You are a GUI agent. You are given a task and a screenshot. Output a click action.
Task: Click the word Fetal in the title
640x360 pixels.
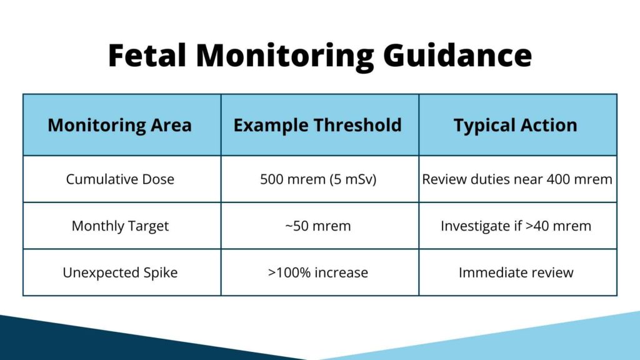[147, 55]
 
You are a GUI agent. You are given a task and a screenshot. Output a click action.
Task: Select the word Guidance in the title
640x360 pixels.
[457, 55]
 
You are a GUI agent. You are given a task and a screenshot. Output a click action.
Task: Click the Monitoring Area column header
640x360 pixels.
[120, 125]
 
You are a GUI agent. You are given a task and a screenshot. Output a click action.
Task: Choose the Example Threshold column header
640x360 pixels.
[317, 125]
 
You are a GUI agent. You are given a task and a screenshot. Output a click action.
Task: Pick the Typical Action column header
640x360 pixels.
[516, 125]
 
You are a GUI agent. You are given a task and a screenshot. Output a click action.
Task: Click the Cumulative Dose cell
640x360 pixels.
[120, 179]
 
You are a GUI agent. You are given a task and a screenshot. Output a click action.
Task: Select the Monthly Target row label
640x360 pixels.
[120, 226]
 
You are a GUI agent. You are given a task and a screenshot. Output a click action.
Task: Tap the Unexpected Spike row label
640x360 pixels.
[120, 272]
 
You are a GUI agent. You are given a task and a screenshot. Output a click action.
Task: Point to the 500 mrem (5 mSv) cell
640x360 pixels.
[317, 179]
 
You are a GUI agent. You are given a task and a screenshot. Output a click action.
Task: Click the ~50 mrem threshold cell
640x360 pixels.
[317, 226]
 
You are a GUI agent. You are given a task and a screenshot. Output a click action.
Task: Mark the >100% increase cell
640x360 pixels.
[317, 272]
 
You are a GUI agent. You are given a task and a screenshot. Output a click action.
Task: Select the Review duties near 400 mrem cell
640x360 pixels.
[517, 179]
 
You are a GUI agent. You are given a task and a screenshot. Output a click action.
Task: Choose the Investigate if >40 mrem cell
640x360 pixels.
[516, 226]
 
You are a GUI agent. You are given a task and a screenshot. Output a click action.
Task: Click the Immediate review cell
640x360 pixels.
[516, 272]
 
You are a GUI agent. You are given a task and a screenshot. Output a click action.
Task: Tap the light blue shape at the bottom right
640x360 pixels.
[531, 341]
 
